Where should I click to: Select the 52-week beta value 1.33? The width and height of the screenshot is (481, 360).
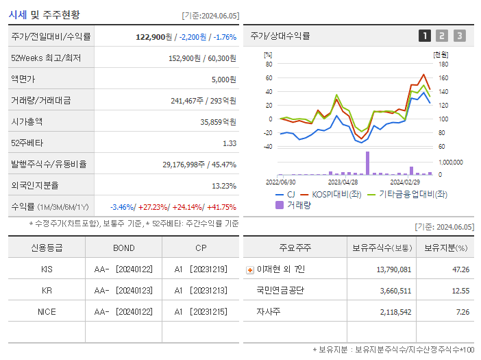(x=229, y=143)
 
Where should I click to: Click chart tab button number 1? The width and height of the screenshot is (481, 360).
(x=425, y=36)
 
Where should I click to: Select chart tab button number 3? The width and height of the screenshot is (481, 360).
(x=459, y=36)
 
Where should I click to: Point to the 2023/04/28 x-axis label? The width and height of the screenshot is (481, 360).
(x=343, y=182)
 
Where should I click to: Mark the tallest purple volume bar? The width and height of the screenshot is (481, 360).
(x=367, y=163)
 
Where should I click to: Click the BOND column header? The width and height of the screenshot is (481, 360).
(x=124, y=248)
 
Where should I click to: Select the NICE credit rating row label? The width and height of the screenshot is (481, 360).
(x=47, y=311)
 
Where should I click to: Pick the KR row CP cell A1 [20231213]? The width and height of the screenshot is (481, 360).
(x=200, y=291)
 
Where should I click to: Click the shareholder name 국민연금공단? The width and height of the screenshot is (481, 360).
(x=280, y=291)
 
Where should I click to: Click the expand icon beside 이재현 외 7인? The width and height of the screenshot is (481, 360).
(x=249, y=270)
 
